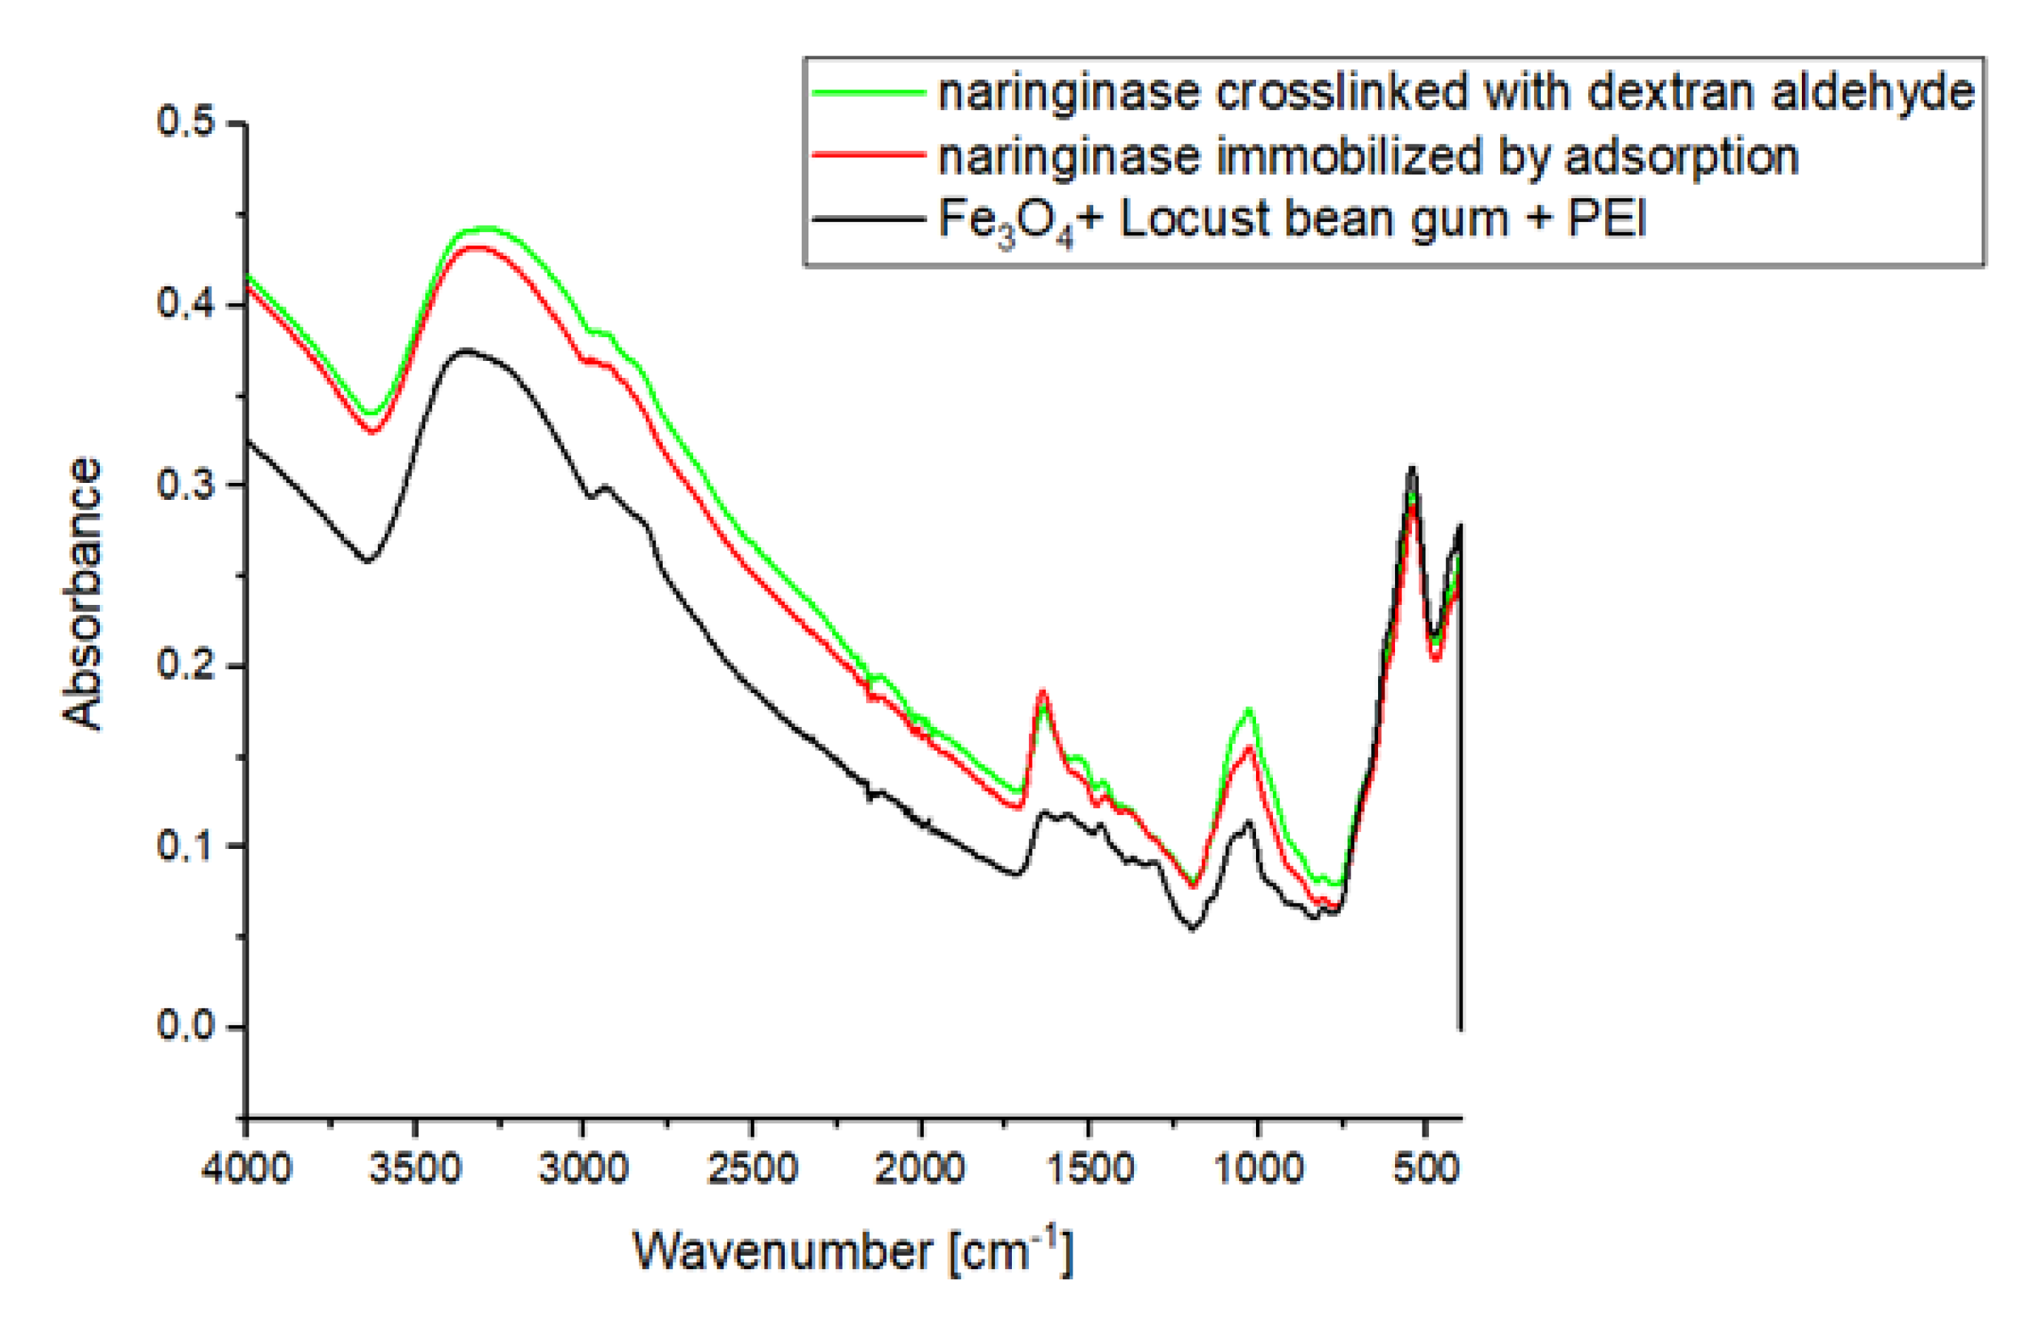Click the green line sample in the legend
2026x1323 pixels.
(868, 91)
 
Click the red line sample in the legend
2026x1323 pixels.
(868, 154)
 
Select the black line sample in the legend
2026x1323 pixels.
(868, 219)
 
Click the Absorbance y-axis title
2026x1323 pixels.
(83, 594)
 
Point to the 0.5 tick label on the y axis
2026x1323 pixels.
(185, 122)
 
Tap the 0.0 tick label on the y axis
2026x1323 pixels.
(185, 1025)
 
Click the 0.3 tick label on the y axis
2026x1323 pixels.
(185, 484)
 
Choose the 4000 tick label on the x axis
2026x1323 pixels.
(247, 1167)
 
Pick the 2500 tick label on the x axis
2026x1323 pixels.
(752, 1167)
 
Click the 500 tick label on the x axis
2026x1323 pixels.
(1426, 1167)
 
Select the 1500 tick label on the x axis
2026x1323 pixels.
(1090, 1167)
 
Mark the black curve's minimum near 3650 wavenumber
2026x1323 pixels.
(368, 561)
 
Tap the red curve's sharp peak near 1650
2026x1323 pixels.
(1042, 691)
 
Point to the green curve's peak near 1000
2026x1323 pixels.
(1249, 708)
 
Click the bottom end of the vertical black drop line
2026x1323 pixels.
(1461, 1029)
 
